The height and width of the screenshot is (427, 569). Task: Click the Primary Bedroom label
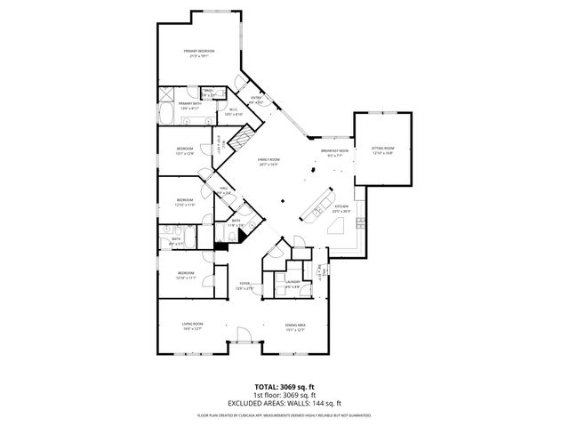coord(200,53)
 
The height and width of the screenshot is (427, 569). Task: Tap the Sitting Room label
coord(382,150)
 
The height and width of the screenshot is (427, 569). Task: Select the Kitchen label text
coord(341,208)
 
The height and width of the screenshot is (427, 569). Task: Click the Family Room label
coord(268,162)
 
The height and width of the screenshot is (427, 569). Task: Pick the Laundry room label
coord(293,285)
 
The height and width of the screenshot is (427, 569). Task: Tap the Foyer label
coord(244,286)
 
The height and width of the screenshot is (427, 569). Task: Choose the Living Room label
coord(193,326)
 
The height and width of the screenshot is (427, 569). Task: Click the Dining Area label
coord(295,326)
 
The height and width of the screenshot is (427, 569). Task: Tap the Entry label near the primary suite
coord(256,100)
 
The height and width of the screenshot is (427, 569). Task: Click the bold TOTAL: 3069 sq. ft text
coord(284,386)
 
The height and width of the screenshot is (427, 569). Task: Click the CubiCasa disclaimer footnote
coord(284,415)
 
